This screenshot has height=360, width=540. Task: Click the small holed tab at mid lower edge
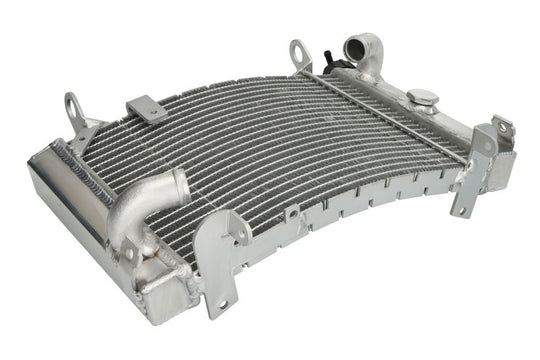pyautogui.click(x=292, y=215)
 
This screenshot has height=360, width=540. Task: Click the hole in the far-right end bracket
pyautogui.click(x=499, y=128)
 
